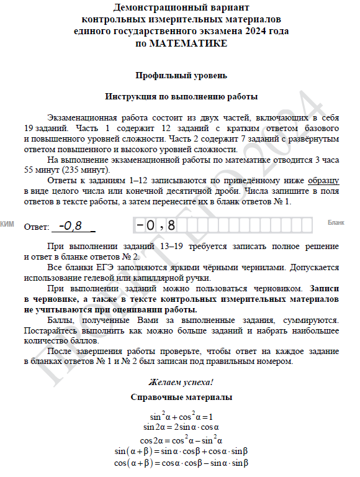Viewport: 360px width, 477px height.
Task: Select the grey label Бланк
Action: (x=335, y=222)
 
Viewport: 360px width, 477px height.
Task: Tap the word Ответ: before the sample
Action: (x=37, y=227)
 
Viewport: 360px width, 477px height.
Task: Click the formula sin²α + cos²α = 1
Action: (x=181, y=416)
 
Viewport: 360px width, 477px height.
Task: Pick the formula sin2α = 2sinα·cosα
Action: (x=181, y=427)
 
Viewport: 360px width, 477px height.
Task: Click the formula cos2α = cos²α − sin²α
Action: (x=181, y=439)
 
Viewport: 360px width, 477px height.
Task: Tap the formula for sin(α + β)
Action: (x=181, y=451)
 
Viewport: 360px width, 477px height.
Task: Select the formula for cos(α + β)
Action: (x=181, y=463)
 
